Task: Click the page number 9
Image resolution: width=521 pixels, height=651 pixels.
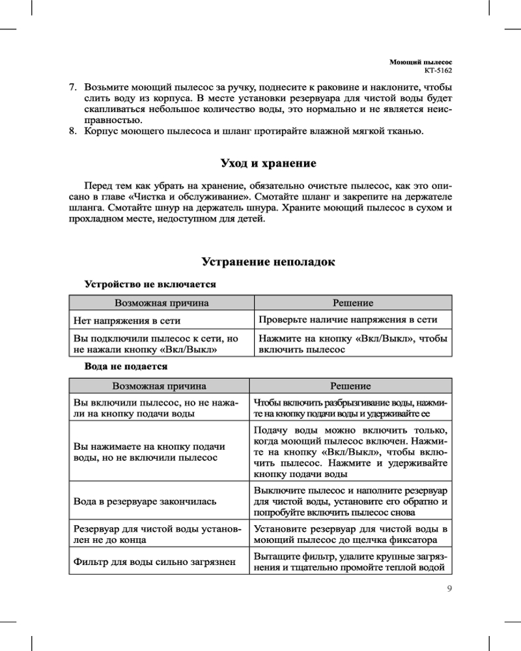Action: pos(449,590)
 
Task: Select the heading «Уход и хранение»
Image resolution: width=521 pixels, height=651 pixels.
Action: pos(268,162)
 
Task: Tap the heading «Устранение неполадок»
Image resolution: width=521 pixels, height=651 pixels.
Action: pos(268,262)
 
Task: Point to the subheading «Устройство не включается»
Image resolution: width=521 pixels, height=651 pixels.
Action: pos(150,284)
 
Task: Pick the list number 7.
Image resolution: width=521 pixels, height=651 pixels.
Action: pos(74,87)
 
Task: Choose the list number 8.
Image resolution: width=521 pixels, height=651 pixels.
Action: pos(74,132)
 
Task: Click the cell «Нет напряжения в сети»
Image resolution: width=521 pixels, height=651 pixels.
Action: pos(127,320)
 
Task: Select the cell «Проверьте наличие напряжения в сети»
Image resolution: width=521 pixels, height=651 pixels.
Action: pos(348,320)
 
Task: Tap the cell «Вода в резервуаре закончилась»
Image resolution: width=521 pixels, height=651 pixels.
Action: pos(145,502)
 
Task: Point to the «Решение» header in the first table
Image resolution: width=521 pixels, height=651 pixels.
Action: pos(353,303)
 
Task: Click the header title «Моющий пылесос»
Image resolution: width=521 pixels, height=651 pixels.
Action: pos(421,60)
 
